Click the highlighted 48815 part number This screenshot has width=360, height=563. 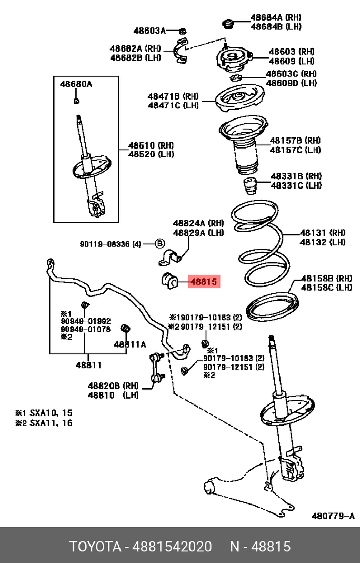point(203,282)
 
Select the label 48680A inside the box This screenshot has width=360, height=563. point(75,84)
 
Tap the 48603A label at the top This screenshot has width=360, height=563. point(147,30)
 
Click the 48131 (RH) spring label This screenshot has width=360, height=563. point(323,232)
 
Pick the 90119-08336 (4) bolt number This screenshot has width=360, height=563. point(111,244)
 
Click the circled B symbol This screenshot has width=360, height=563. point(160,243)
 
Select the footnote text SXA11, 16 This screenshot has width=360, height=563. point(51,423)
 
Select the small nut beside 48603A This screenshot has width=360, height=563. point(182,30)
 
